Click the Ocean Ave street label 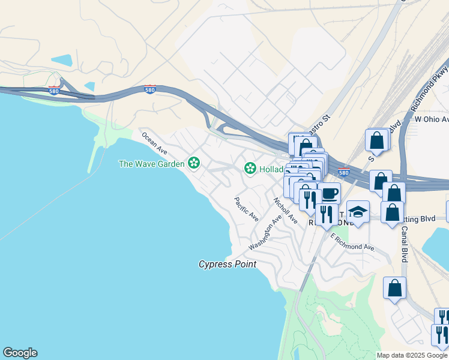tap(154, 143)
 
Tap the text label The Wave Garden tap(152, 163)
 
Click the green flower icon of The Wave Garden tap(193, 163)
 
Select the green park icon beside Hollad tap(250, 169)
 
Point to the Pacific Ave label tap(246, 208)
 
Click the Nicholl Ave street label tap(285, 211)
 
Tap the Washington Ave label tap(265, 233)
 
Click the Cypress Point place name tap(228, 264)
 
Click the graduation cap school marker tap(358, 212)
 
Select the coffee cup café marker tap(329, 194)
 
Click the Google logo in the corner tap(20, 353)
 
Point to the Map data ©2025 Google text tap(412, 355)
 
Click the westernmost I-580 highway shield tap(53, 91)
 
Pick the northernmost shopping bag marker tap(376, 140)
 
